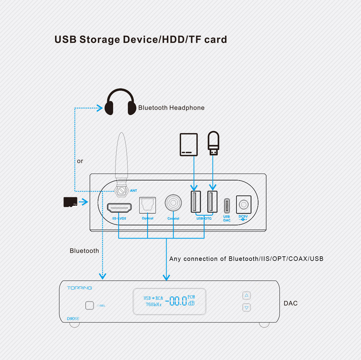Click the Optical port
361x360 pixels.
click(147, 205)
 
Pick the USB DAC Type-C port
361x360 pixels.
click(227, 206)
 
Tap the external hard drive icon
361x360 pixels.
click(189, 145)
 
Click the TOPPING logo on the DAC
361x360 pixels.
click(79, 288)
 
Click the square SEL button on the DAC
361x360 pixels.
click(90, 305)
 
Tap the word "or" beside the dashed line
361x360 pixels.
click(80, 161)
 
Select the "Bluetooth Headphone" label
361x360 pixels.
click(171, 108)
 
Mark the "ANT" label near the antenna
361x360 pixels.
click(133, 190)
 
